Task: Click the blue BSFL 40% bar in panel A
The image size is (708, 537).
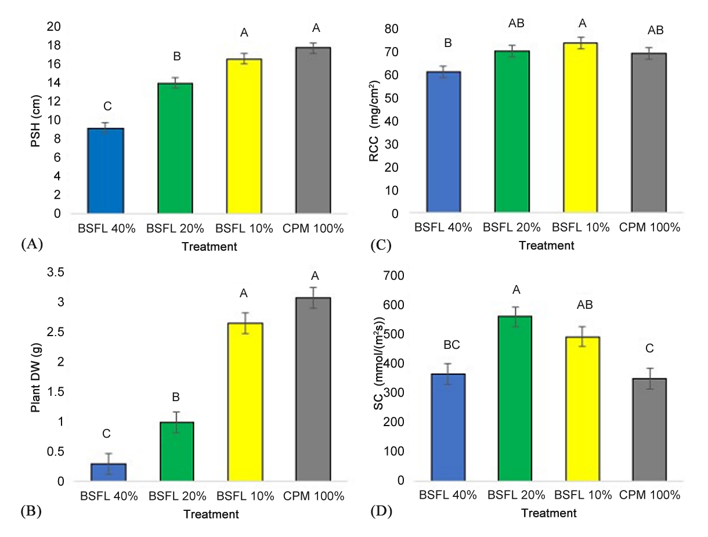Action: tap(105, 171)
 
